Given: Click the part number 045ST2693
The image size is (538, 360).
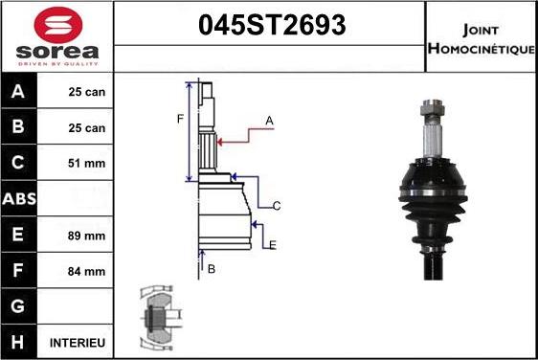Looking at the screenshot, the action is [x=272, y=25].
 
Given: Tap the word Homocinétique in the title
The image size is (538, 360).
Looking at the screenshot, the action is [x=482, y=49].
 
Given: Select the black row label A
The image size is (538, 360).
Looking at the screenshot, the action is [x=18, y=91].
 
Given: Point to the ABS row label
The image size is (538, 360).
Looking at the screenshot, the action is [x=19, y=199].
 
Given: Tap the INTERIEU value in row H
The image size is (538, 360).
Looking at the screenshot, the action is [x=78, y=343].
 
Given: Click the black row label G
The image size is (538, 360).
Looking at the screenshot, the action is [x=18, y=306].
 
